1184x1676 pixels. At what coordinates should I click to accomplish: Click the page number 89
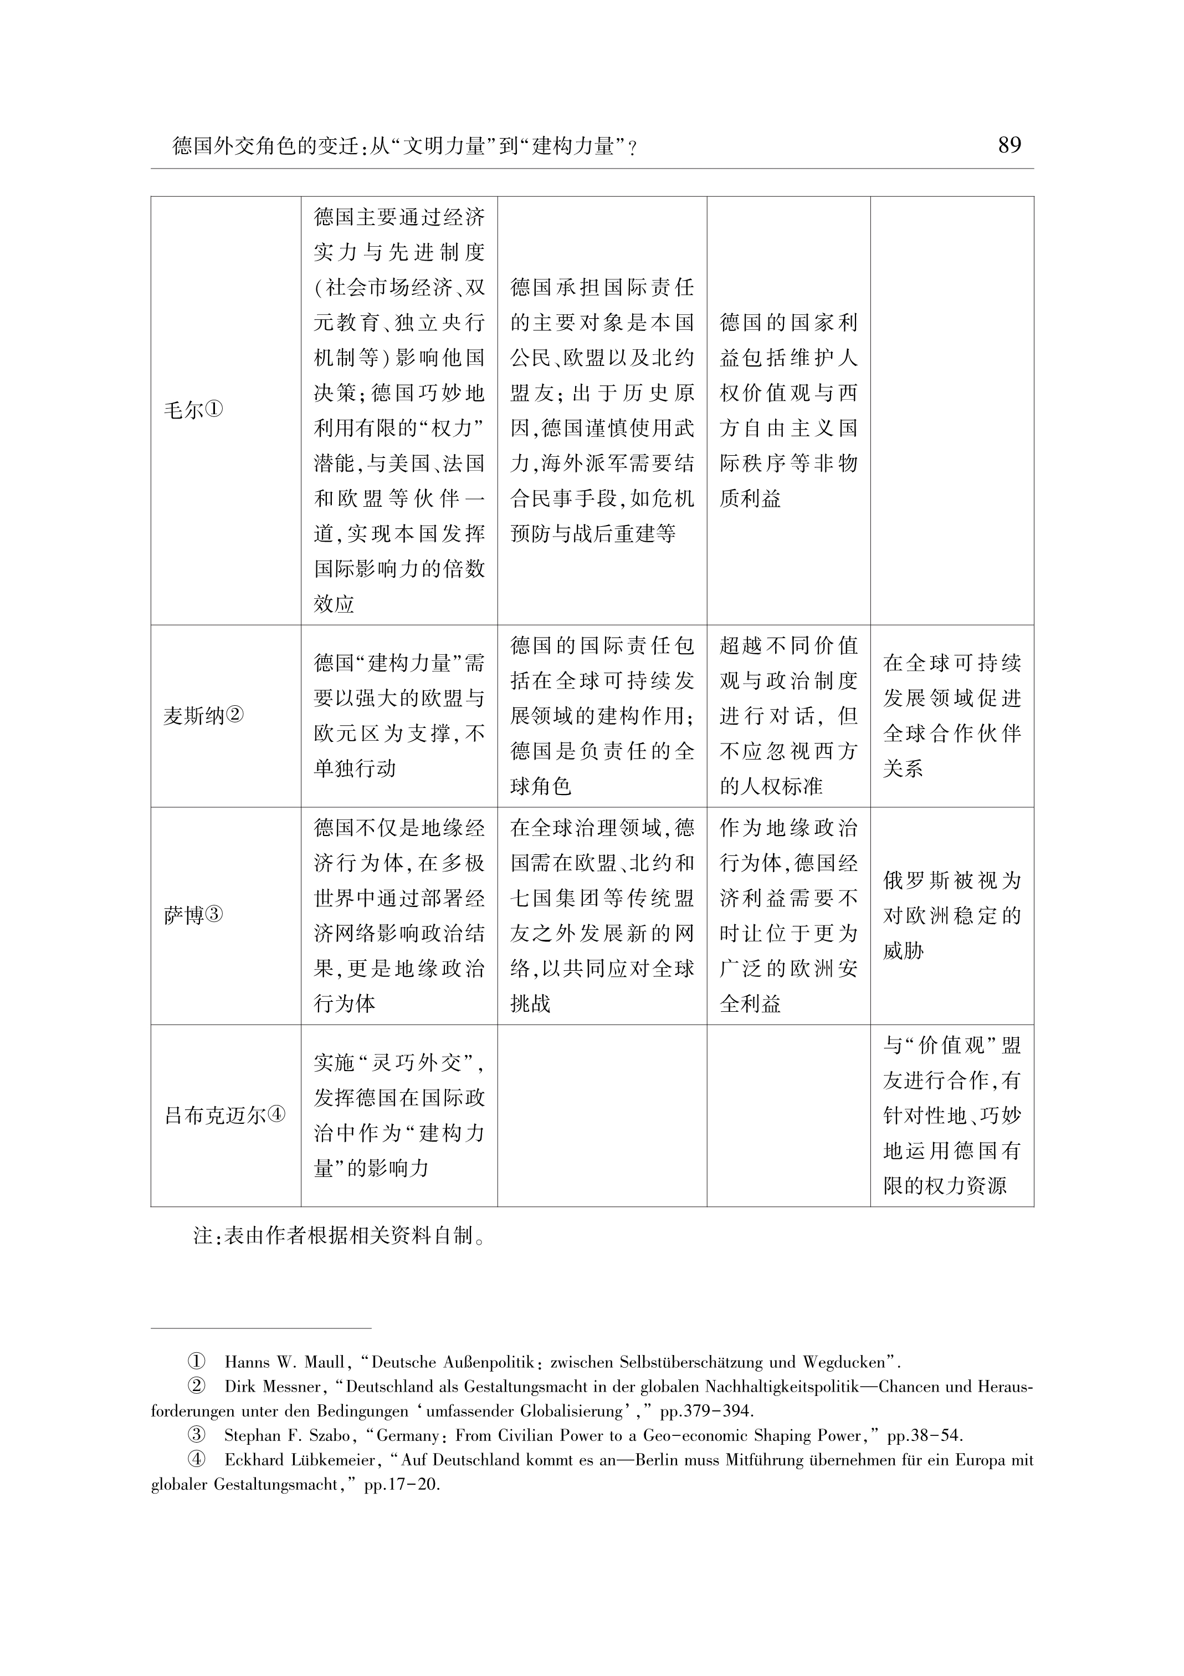1009,145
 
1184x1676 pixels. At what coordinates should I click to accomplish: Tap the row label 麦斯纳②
203,716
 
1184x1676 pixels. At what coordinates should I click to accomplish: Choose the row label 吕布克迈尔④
225,1115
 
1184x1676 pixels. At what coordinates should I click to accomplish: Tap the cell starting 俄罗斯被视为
951,915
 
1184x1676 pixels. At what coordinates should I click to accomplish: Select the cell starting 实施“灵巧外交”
399,1115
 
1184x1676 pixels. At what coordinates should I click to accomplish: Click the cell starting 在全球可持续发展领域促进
951,716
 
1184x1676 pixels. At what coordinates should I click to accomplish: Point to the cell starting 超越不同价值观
788,716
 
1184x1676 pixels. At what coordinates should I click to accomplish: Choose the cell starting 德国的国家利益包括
788,411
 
